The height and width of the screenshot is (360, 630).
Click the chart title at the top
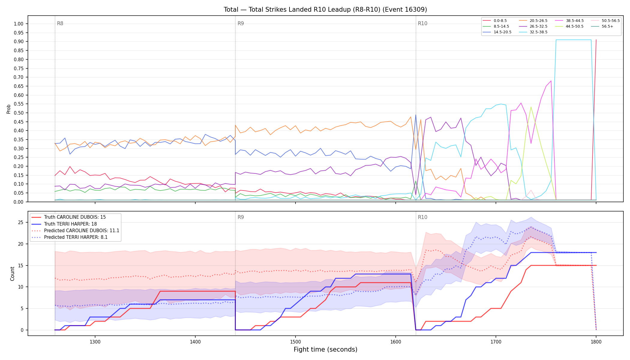pyautogui.click(x=325, y=10)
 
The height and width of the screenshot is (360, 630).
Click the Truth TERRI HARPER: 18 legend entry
pyautogui.click(x=75, y=224)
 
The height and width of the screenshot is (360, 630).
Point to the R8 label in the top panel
pyautogui.click(x=60, y=23)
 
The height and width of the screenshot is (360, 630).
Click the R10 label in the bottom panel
pyautogui.click(x=422, y=217)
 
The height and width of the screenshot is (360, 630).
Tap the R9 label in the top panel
pyautogui.click(x=241, y=23)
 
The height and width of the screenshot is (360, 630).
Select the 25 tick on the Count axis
pyautogui.click(x=21, y=223)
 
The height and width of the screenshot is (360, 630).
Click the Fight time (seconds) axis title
pyautogui.click(x=325, y=349)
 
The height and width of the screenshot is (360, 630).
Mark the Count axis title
pyautogui.click(x=12, y=274)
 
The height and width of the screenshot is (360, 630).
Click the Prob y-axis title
pyautogui.click(x=8, y=109)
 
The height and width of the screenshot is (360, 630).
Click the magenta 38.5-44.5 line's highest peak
pyautogui.click(x=551, y=81)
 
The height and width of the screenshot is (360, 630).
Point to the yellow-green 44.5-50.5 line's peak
pyautogui.click(x=531, y=107)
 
